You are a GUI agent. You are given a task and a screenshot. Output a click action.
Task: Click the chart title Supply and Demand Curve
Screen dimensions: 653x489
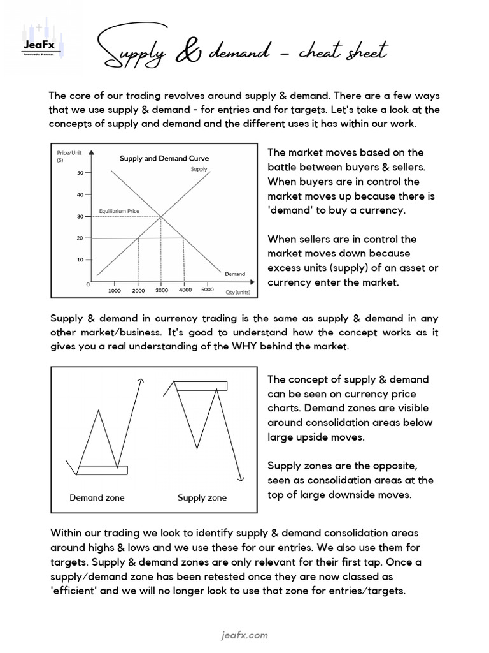(164, 158)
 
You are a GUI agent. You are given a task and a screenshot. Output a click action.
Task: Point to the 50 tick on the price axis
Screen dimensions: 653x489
(81, 173)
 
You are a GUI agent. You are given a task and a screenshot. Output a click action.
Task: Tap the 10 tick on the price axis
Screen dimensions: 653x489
(81, 260)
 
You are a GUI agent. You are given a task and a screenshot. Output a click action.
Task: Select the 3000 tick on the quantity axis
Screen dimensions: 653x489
(162, 291)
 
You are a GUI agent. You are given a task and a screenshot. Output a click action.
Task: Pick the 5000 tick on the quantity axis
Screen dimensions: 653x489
(208, 290)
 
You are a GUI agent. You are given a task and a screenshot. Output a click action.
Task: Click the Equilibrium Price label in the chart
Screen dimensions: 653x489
(119, 210)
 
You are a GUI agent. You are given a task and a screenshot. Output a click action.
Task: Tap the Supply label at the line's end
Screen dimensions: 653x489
(199, 170)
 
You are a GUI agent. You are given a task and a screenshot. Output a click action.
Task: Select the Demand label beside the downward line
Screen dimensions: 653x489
(234, 274)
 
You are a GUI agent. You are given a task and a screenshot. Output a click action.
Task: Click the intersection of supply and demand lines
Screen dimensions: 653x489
(161, 217)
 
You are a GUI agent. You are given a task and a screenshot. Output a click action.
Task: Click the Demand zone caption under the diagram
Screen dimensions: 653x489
(97, 497)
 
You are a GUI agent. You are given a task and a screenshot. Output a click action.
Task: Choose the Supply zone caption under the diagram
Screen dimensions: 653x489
(202, 497)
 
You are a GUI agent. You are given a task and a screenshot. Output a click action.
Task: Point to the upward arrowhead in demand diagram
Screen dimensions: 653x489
(141, 381)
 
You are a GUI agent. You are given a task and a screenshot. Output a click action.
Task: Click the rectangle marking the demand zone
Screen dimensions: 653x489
(102, 471)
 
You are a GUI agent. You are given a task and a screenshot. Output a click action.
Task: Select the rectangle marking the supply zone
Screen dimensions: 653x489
(201, 385)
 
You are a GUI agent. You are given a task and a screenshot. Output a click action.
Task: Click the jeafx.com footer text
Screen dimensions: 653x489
(244, 635)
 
